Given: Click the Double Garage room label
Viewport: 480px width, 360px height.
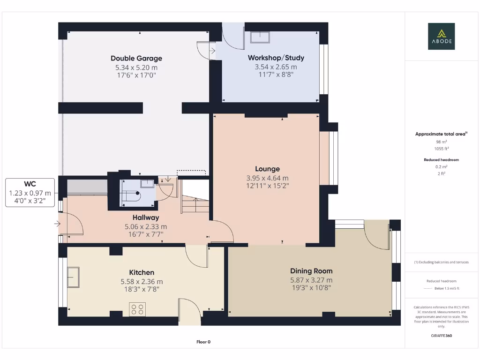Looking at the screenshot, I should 136,58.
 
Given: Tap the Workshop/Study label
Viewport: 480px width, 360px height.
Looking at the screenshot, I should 276,58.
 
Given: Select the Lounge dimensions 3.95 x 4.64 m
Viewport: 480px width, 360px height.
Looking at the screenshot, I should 267,178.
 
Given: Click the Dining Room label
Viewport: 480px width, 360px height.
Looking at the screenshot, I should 311,271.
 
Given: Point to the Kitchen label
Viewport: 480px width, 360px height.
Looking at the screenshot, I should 142,272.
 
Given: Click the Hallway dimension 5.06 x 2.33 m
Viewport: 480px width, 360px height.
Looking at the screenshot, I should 146,226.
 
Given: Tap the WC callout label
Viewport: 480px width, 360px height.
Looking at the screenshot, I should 30,184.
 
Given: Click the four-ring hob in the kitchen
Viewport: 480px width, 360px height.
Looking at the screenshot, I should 137,309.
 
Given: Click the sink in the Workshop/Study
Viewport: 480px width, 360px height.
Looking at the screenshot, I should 259,37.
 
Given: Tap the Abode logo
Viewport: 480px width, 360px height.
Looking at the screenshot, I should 441,36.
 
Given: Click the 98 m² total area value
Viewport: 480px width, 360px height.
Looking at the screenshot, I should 441,141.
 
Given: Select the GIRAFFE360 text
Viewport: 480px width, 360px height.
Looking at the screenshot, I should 441,336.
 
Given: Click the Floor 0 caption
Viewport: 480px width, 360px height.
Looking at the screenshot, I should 203,342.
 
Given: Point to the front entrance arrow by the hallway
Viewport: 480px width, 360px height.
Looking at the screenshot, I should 57,224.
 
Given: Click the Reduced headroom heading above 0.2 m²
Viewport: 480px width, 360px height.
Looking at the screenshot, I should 441,160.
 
